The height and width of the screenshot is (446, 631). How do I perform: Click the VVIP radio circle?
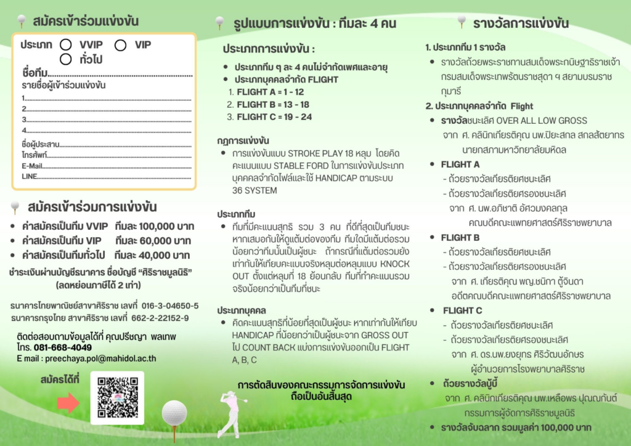[65, 45]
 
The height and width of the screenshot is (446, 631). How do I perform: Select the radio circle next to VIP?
[120, 45]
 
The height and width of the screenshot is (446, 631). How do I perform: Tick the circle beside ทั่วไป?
[65, 60]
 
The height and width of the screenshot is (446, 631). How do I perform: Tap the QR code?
[117, 397]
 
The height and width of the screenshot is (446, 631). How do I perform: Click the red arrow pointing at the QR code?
[68, 403]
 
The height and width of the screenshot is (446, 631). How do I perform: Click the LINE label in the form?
[29, 177]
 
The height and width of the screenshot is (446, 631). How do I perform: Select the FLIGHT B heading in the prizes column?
[460, 237]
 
